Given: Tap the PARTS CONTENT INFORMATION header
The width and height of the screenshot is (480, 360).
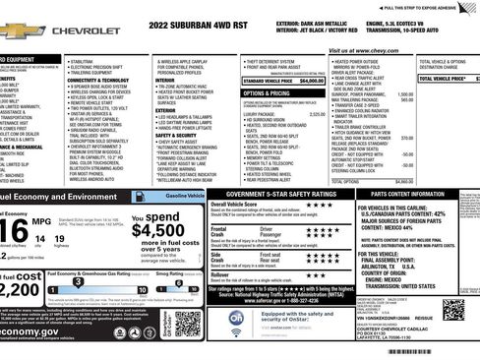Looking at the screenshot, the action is (405, 195).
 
